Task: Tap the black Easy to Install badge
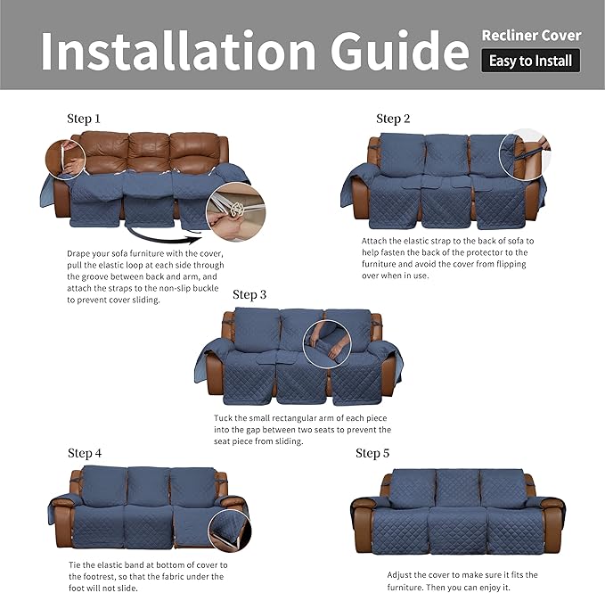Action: [x=531, y=62]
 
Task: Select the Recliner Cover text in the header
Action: [x=531, y=36]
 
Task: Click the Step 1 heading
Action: [x=84, y=119]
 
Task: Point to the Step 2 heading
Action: [x=393, y=119]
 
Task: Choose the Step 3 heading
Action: [x=249, y=294]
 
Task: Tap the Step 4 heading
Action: [x=85, y=453]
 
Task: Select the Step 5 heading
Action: [x=372, y=453]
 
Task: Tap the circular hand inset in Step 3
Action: [x=327, y=343]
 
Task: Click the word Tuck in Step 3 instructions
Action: [x=226, y=418]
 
